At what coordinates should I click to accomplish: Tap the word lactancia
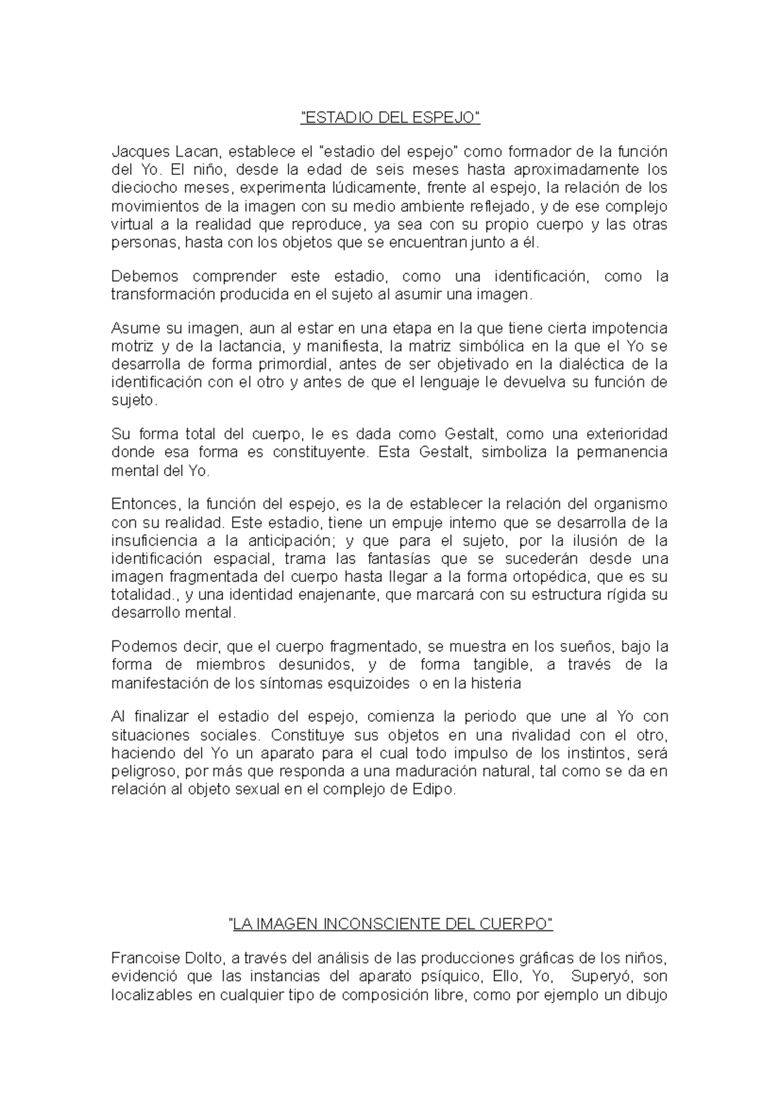click(x=250, y=346)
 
